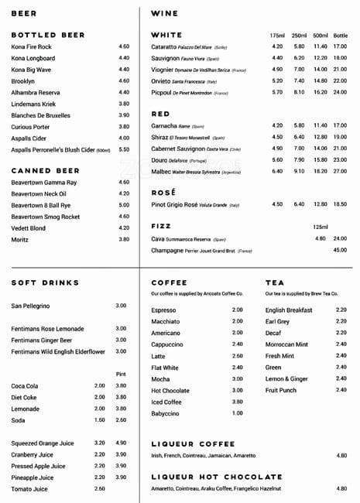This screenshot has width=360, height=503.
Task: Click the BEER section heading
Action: point(24,13)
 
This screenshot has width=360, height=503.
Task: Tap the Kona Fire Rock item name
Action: point(32,46)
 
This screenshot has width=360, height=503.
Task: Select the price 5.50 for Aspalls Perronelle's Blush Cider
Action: point(124,149)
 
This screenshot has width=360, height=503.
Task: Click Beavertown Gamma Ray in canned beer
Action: point(44,183)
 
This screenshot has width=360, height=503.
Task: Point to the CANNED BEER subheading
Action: point(46,170)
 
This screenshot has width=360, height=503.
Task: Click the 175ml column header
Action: point(277,36)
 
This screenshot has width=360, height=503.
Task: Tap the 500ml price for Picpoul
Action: point(320,92)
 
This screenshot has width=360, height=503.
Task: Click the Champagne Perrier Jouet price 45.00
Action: point(340,250)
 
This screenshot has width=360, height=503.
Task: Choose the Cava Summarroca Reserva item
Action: point(188,239)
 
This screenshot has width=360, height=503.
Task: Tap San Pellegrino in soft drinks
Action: point(30,306)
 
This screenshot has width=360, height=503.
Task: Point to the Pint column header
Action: point(121,374)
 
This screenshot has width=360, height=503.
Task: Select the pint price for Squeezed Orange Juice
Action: point(121,443)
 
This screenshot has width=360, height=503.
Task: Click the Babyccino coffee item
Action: point(166,413)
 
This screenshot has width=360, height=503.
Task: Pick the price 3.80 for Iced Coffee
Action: point(237,402)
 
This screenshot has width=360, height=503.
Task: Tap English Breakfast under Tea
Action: point(289,310)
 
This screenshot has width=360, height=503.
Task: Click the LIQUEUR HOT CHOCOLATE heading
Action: point(216,477)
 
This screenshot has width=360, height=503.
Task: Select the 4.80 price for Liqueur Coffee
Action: point(341,456)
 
